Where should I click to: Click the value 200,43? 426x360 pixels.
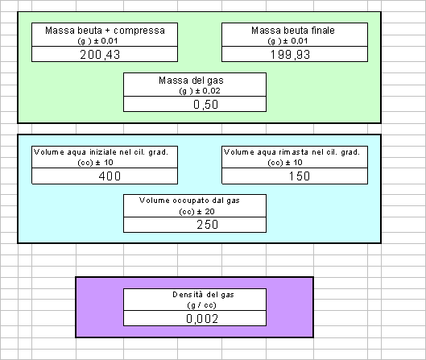(x=100, y=55)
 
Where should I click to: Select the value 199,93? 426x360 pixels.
(x=290, y=55)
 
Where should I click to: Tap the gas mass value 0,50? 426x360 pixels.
(x=205, y=105)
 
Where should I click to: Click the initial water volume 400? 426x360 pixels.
(x=110, y=176)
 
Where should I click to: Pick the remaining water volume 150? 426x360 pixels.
(x=299, y=176)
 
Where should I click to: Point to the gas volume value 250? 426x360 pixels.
(x=207, y=225)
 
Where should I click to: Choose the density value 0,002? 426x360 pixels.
(x=202, y=318)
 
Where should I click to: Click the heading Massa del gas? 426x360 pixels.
(x=191, y=81)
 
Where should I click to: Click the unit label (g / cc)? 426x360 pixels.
(x=201, y=305)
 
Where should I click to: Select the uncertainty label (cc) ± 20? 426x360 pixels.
(x=196, y=212)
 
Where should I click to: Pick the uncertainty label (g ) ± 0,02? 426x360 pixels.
(x=200, y=91)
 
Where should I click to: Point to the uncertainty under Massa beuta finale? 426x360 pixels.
(x=287, y=41)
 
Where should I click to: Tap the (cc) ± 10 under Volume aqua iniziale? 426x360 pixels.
(x=95, y=163)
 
